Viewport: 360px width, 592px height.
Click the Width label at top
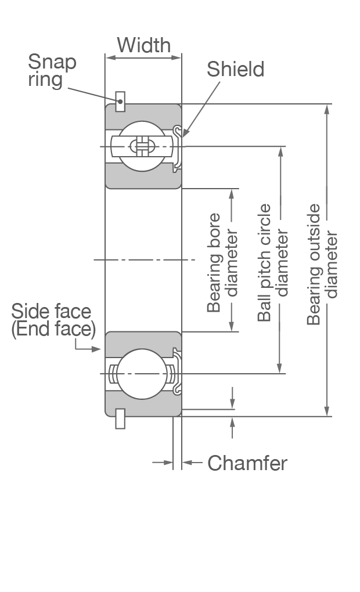(143, 45)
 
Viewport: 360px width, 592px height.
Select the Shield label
(235, 70)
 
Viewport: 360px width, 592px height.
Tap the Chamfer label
(247, 463)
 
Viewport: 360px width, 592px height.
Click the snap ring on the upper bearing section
(120, 102)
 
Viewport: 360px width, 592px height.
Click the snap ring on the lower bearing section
(120, 419)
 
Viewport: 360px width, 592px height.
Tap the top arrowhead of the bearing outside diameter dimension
(327, 109)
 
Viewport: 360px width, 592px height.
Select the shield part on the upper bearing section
(178, 147)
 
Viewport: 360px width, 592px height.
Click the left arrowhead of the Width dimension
(109, 57)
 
